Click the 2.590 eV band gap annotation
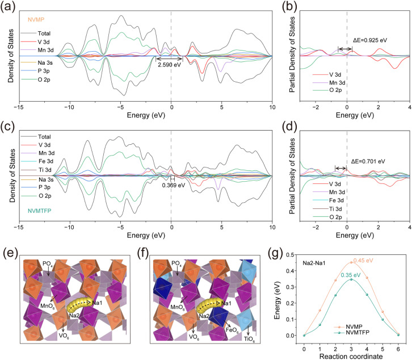[x=169, y=65]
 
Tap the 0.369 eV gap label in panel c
[x=174, y=185]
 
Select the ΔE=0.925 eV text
[x=370, y=40]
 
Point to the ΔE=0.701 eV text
[x=368, y=161]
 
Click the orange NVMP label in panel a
[x=36, y=19]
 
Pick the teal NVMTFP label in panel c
[x=39, y=211]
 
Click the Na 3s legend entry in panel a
[x=37, y=62]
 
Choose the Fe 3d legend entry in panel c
[x=37, y=161]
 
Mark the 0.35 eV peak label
[x=351, y=275]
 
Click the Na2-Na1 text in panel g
[x=314, y=263]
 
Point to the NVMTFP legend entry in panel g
[x=352, y=333]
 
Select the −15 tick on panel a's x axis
[x=19, y=107]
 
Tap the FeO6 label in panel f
[x=232, y=330]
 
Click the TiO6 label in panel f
[x=249, y=339]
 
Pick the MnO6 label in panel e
[x=48, y=306]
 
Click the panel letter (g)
[x=275, y=254]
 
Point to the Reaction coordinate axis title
[x=351, y=357]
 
